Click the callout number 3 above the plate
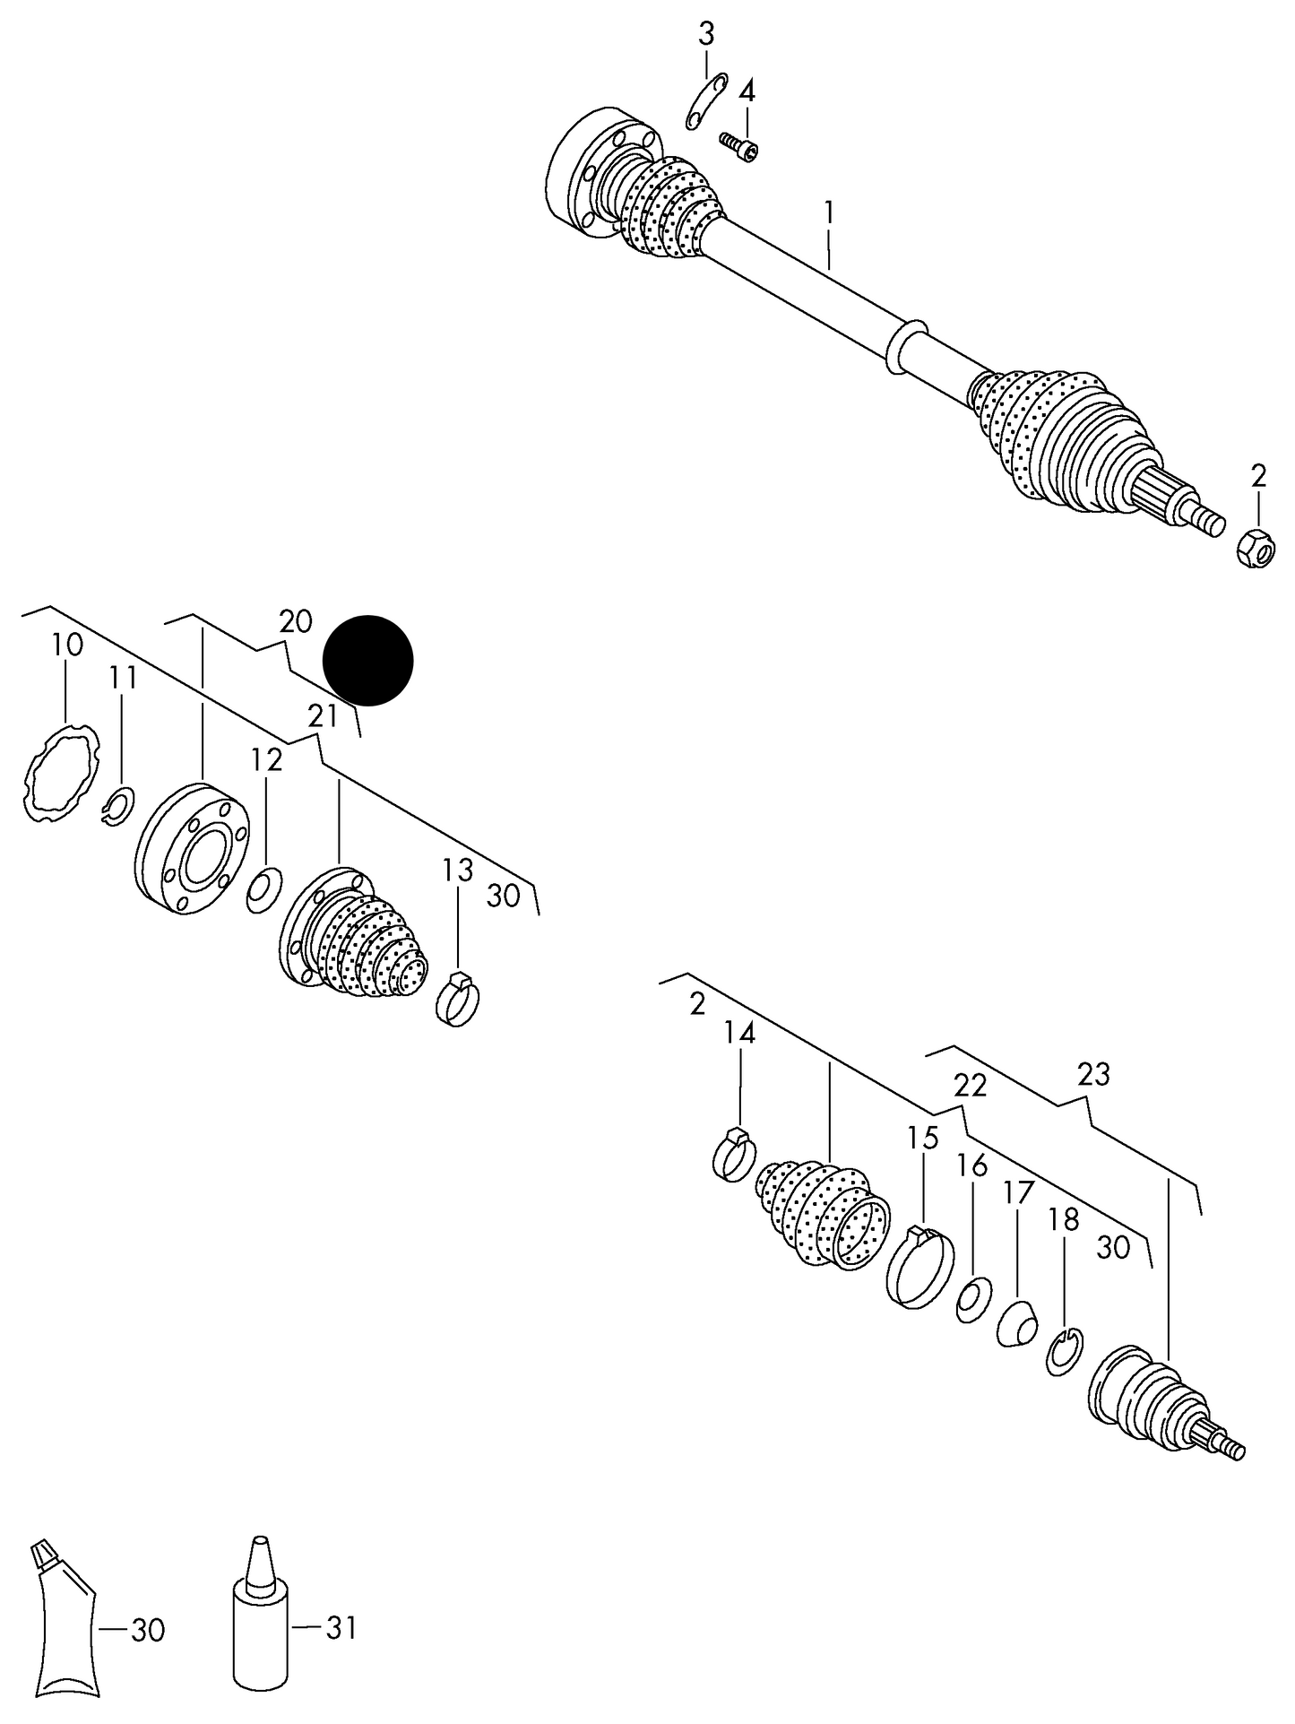tap(706, 35)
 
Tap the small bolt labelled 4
tap(739, 146)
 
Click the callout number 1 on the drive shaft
tap(829, 213)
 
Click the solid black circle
tap(367, 660)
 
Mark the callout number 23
tap(1093, 1073)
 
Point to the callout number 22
tap(970, 1086)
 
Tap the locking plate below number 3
tap(705, 101)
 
